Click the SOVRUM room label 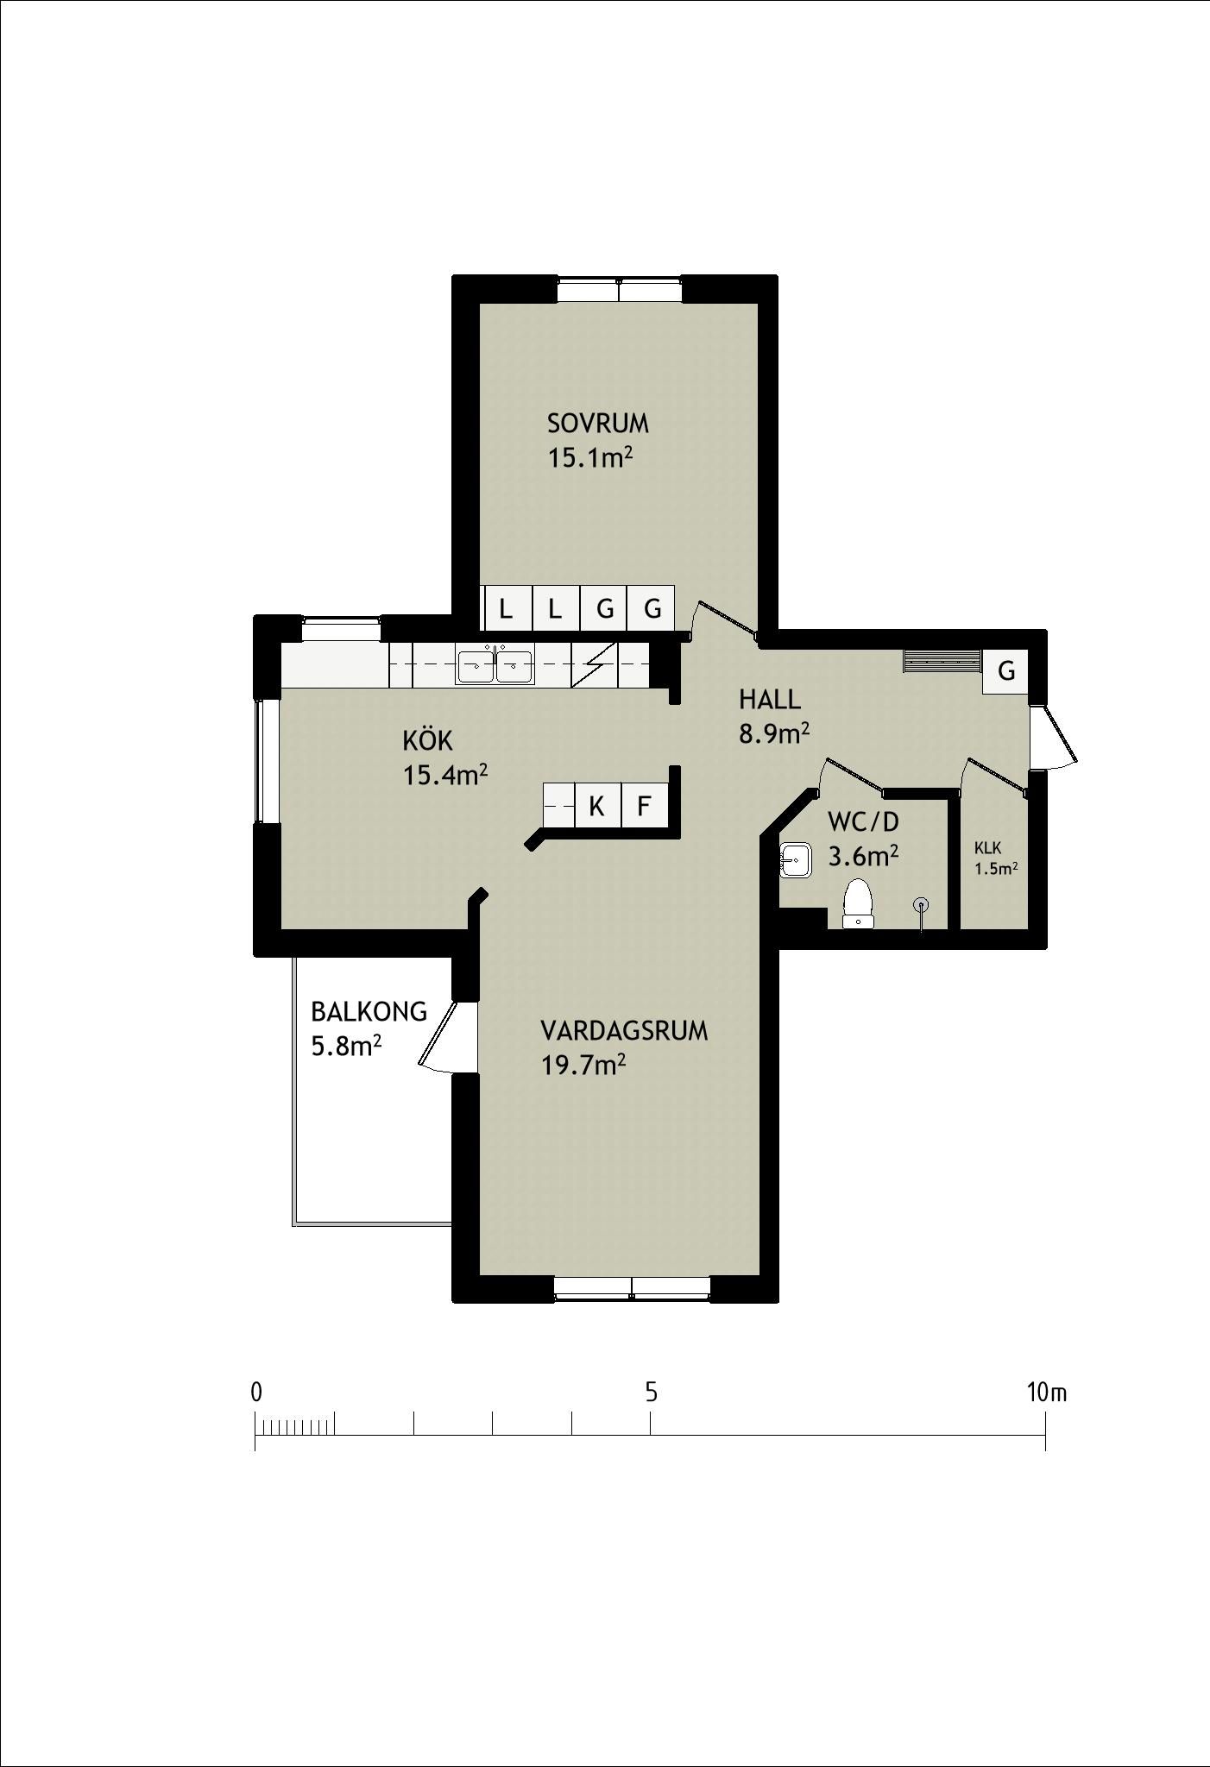pyautogui.click(x=597, y=424)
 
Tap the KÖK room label pyautogui.click(x=427, y=740)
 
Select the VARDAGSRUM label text pyautogui.click(x=624, y=1031)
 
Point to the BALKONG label pyautogui.click(x=369, y=1011)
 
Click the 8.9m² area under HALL pyautogui.click(x=773, y=733)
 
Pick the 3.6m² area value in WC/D pyautogui.click(x=863, y=857)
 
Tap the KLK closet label pyautogui.click(x=987, y=848)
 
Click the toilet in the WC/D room pyautogui.click(x=858, y=903)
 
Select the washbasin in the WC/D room pyautogui.click(x=794, y=860)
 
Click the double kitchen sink pyautogui.click(x=495, y=665)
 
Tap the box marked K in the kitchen pyautogui.click(x=596, y=807)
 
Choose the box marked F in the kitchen pyautogui.click(x=643, y=807)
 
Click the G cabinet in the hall pyautogui.click(x=1005, y=670)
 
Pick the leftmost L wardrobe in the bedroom pyautogui.click(x=506, y=609)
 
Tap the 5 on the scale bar pyautogui.click(x=651, y=1392)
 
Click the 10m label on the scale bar pyautogui.click(x=1047, y=1392)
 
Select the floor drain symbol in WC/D pyautogui.click(x=922, y=905)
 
